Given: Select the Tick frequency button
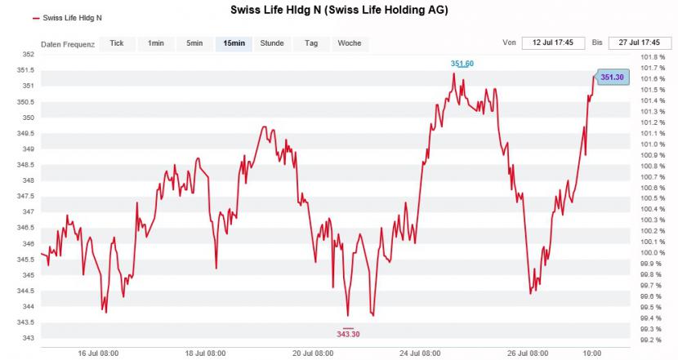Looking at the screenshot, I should coord(117,43).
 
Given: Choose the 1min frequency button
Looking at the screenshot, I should coord(156,43).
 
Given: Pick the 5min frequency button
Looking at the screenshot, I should coord(194,43).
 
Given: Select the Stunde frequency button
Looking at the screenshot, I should coord(272,43).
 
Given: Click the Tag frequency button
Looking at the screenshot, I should coord(311,43).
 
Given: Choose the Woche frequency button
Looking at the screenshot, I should coord(349,43).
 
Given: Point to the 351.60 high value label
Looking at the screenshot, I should coord(462,64).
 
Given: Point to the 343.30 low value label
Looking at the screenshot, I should coord(348,334).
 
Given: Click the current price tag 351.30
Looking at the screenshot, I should coord(612,77).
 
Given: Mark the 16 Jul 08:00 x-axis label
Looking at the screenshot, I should coord(98,353).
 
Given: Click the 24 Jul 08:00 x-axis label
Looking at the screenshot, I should coord(422,353).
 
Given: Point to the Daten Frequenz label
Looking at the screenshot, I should coord(68,44).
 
